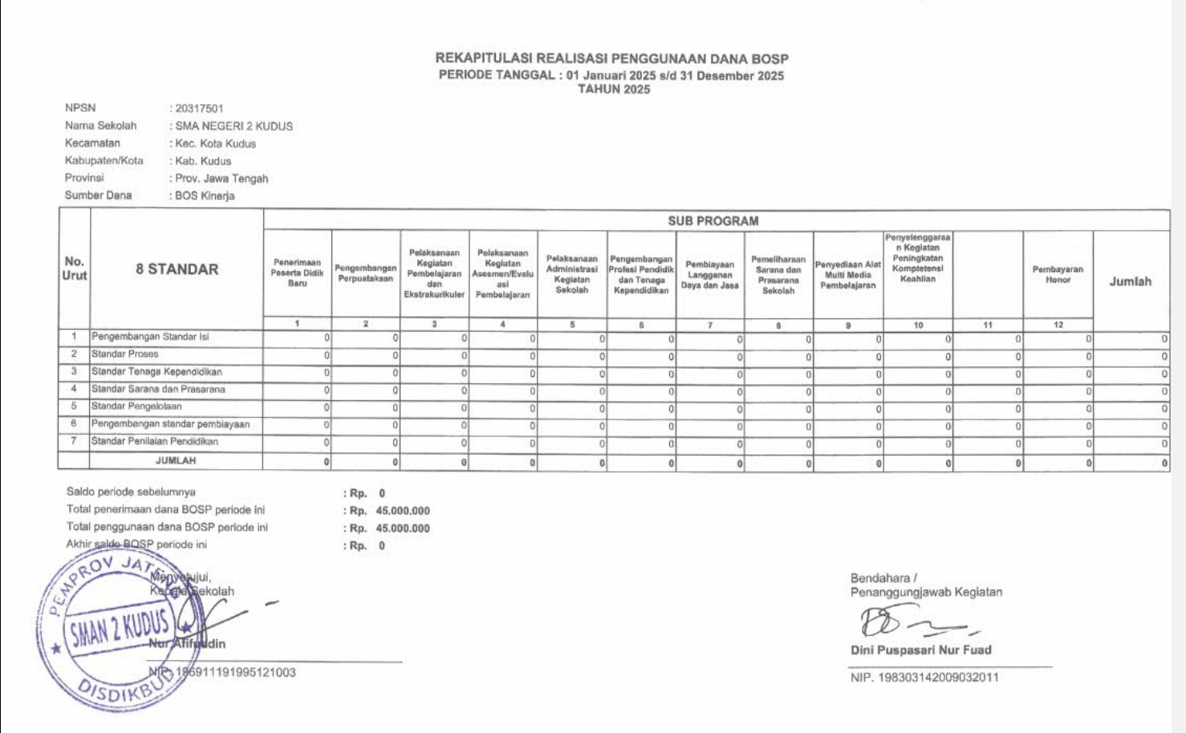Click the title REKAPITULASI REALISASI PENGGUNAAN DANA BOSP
[x=611, y=59]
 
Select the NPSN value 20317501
[x=200, y=108]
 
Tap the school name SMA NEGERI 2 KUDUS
[x=234, y=126]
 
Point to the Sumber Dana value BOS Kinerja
[x=205, y=196]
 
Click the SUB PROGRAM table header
[x=713, y=221]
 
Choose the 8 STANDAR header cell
[x=177, y=269]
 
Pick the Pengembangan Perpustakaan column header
[x=365, y=273]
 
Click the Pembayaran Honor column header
[x=1057, y=274]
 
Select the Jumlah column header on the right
[x=1130, y=281]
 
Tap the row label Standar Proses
[x=125, y=354]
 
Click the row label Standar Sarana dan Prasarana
[x=158, y=389]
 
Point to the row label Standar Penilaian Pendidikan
[x=155, y=441]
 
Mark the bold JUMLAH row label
[x=176, y=460]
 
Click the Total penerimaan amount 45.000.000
[x=403, y=511]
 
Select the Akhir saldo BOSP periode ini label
[x=136, y=545]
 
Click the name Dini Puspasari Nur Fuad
[x=920, y=650]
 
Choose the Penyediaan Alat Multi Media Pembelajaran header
[x=847, y=275]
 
